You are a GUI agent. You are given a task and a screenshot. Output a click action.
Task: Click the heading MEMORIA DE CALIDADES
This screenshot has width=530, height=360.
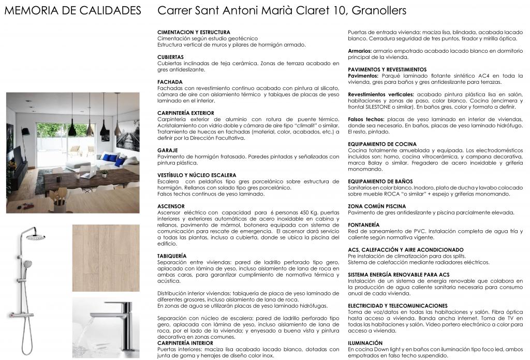[x=72, y=11]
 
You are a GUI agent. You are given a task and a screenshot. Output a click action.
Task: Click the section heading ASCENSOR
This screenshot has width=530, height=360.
[x=170, y=206]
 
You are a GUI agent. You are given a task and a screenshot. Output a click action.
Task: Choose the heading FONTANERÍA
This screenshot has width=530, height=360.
[x=364, y=224]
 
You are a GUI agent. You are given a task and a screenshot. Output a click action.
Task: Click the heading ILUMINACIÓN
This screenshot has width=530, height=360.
[x=365, y=343]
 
